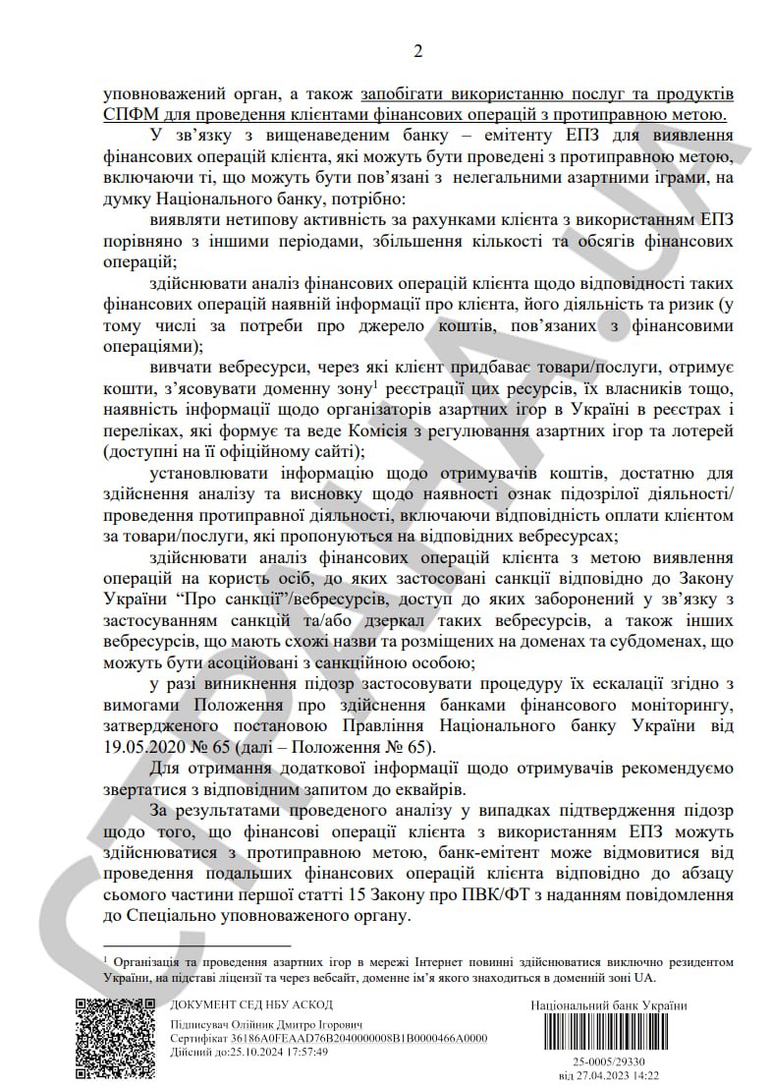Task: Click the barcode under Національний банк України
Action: pyautogui.click(x=608, y=1034)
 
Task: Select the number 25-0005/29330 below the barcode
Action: pyautogui.click(x=608, y=1063)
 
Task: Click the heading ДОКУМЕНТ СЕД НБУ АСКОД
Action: pyautogui.click(x=251, y=1004)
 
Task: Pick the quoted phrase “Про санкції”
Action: pyautogui.click(x=224, y=600)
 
